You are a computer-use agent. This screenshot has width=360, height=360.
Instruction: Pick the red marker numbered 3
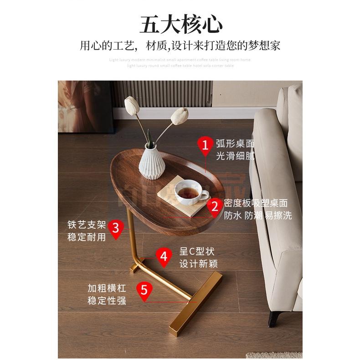coord(116,227)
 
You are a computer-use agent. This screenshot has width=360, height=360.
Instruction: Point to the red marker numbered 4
coord(164,256)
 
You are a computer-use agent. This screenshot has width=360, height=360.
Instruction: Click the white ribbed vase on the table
coord(151,162)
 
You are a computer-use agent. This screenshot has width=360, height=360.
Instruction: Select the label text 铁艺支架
coord(87,225)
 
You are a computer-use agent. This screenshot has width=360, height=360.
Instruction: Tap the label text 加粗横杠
coord(107,288)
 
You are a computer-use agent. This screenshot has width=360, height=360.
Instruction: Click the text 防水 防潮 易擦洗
coord(257,216)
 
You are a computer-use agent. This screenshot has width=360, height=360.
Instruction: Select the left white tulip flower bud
coord(132,106)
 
